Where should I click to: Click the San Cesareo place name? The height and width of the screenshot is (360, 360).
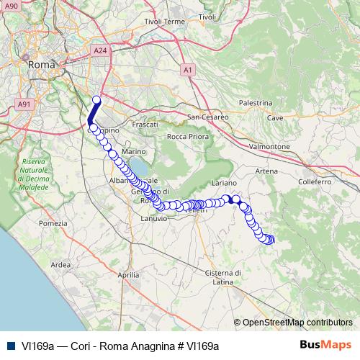pyautogui.click(x=207, y=116)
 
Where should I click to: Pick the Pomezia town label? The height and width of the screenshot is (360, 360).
pyautogui.click(x=53, y=224)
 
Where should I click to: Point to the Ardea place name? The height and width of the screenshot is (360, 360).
pyautogui.click(x=60, y=265)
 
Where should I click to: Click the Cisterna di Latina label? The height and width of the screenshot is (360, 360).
pyautogui.click(x=221, y=277)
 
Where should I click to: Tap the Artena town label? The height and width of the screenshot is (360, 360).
pyautogui.click(x=267, y=171)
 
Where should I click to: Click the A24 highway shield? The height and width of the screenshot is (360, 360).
pyautogui.click(x=100, y=51)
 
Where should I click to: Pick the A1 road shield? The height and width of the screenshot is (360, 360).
pyautogui.click(x=188, y=70)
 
